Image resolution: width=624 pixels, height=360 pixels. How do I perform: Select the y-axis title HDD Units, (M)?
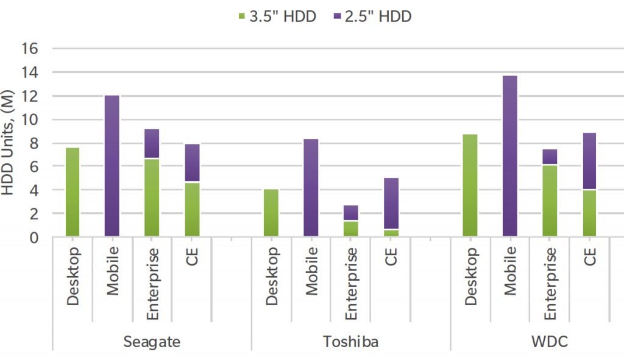click(9, 143)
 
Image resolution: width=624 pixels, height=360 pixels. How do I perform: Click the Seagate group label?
click(152, 341)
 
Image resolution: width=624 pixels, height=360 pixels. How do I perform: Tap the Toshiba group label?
click(350, 341)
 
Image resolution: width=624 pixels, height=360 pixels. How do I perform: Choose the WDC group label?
click(550, 341)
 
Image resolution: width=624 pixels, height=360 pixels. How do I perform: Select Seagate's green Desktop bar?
click(73, 192)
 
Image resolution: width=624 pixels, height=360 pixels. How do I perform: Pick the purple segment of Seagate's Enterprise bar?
click(152, 143)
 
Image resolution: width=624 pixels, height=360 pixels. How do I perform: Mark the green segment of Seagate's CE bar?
click(192, 209)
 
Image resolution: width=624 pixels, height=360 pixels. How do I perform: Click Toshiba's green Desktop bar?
click(271, 213)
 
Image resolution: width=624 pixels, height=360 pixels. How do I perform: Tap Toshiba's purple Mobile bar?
click(311, 188)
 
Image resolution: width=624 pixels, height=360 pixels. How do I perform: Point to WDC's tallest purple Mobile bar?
click(510, 156)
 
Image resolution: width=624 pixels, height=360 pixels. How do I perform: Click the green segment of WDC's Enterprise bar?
click(550, 200)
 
